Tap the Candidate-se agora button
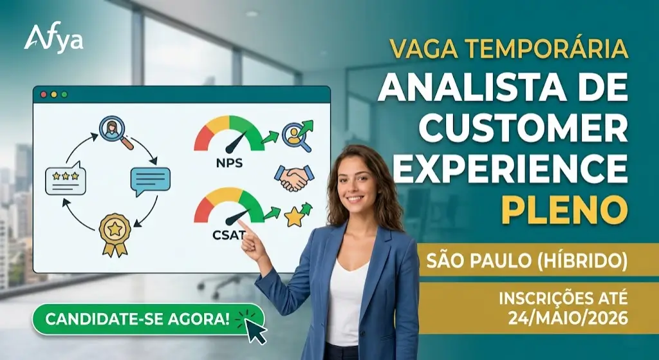137,319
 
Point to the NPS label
229,163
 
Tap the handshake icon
293,177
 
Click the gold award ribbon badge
115,232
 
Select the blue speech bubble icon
150,180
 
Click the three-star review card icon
66,180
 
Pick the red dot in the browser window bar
44,94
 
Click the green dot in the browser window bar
64,94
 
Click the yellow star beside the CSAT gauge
295,218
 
